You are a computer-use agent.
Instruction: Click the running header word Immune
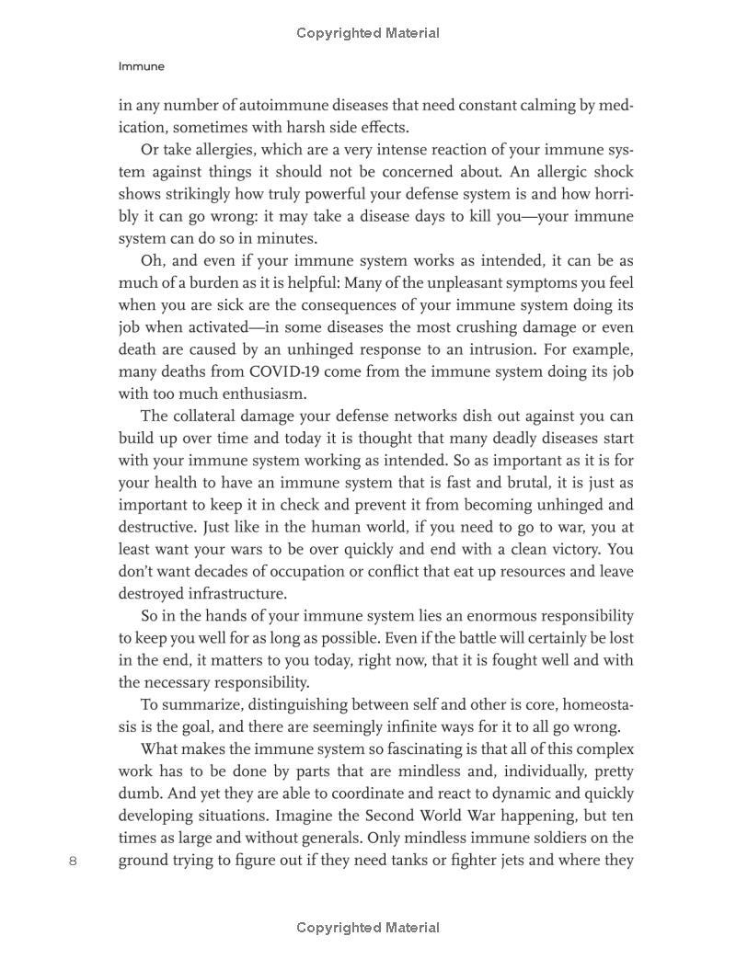tap(142, 66)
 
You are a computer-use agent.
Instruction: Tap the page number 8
tap(74, 861)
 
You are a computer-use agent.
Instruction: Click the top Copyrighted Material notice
tap(368, 33)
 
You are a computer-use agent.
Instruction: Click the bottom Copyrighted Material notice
tap(368, 928)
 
